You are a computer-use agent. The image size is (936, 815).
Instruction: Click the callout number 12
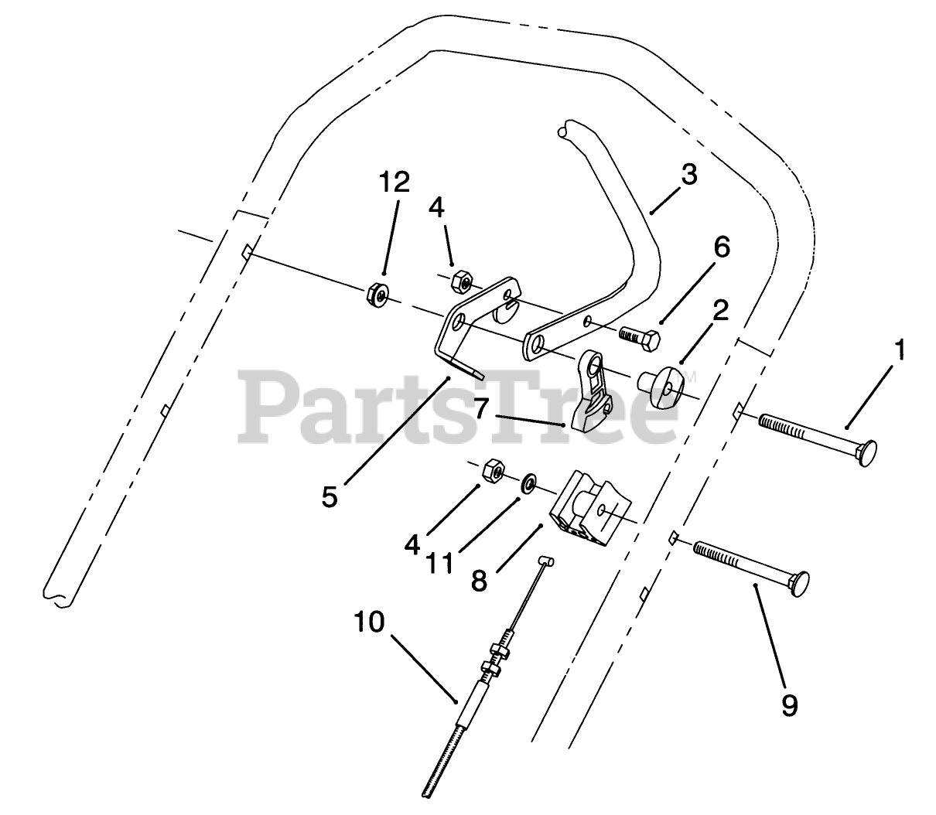point(394,183)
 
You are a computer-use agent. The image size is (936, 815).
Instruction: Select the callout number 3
point(688,175)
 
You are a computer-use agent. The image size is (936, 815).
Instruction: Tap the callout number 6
point(720,247)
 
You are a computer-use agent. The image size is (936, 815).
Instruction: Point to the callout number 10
point(369,622)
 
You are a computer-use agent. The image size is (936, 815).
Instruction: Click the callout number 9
point(788,704)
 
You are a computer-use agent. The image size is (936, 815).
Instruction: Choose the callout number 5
point(330,496)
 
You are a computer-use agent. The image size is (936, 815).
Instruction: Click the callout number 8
point(479,580)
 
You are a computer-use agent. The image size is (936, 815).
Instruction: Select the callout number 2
point(720,311)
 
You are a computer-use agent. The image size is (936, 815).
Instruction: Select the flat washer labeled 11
point(531,483)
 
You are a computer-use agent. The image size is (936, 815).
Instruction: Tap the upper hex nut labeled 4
point(460,279)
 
